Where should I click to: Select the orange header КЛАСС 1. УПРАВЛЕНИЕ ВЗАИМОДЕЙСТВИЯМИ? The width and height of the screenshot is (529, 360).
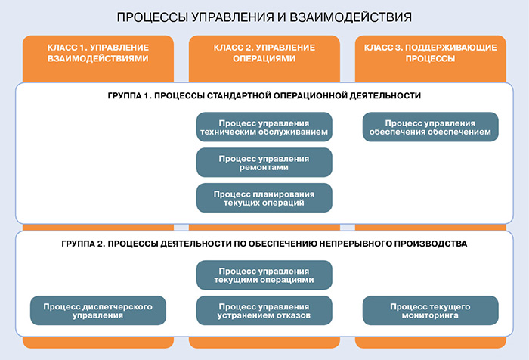[97, 52]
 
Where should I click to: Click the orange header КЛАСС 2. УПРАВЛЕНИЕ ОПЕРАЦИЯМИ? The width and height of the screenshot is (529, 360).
[264, 52]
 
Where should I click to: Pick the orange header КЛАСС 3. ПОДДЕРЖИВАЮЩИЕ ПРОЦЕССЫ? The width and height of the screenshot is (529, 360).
[430, 52]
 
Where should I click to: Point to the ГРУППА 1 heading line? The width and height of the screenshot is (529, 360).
[264, 96]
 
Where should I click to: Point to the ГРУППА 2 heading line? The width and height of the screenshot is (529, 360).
[264, 244]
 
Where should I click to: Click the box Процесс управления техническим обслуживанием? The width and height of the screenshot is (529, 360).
[264, 128]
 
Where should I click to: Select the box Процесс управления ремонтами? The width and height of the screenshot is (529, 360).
[264, 163]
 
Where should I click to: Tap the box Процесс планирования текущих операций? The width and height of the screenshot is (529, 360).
[264, 197]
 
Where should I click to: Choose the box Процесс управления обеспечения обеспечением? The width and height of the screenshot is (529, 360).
[430, 128]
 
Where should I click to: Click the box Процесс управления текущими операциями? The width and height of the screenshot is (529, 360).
[264, 275]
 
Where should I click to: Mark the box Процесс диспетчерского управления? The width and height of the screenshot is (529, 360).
[97, 310]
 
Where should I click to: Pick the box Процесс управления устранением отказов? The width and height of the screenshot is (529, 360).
[264, 310]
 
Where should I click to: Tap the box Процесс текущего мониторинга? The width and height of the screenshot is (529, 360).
[430, 310]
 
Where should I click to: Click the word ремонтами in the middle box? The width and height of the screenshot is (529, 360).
[264, 168]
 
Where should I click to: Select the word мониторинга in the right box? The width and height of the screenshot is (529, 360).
[430, 315]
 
